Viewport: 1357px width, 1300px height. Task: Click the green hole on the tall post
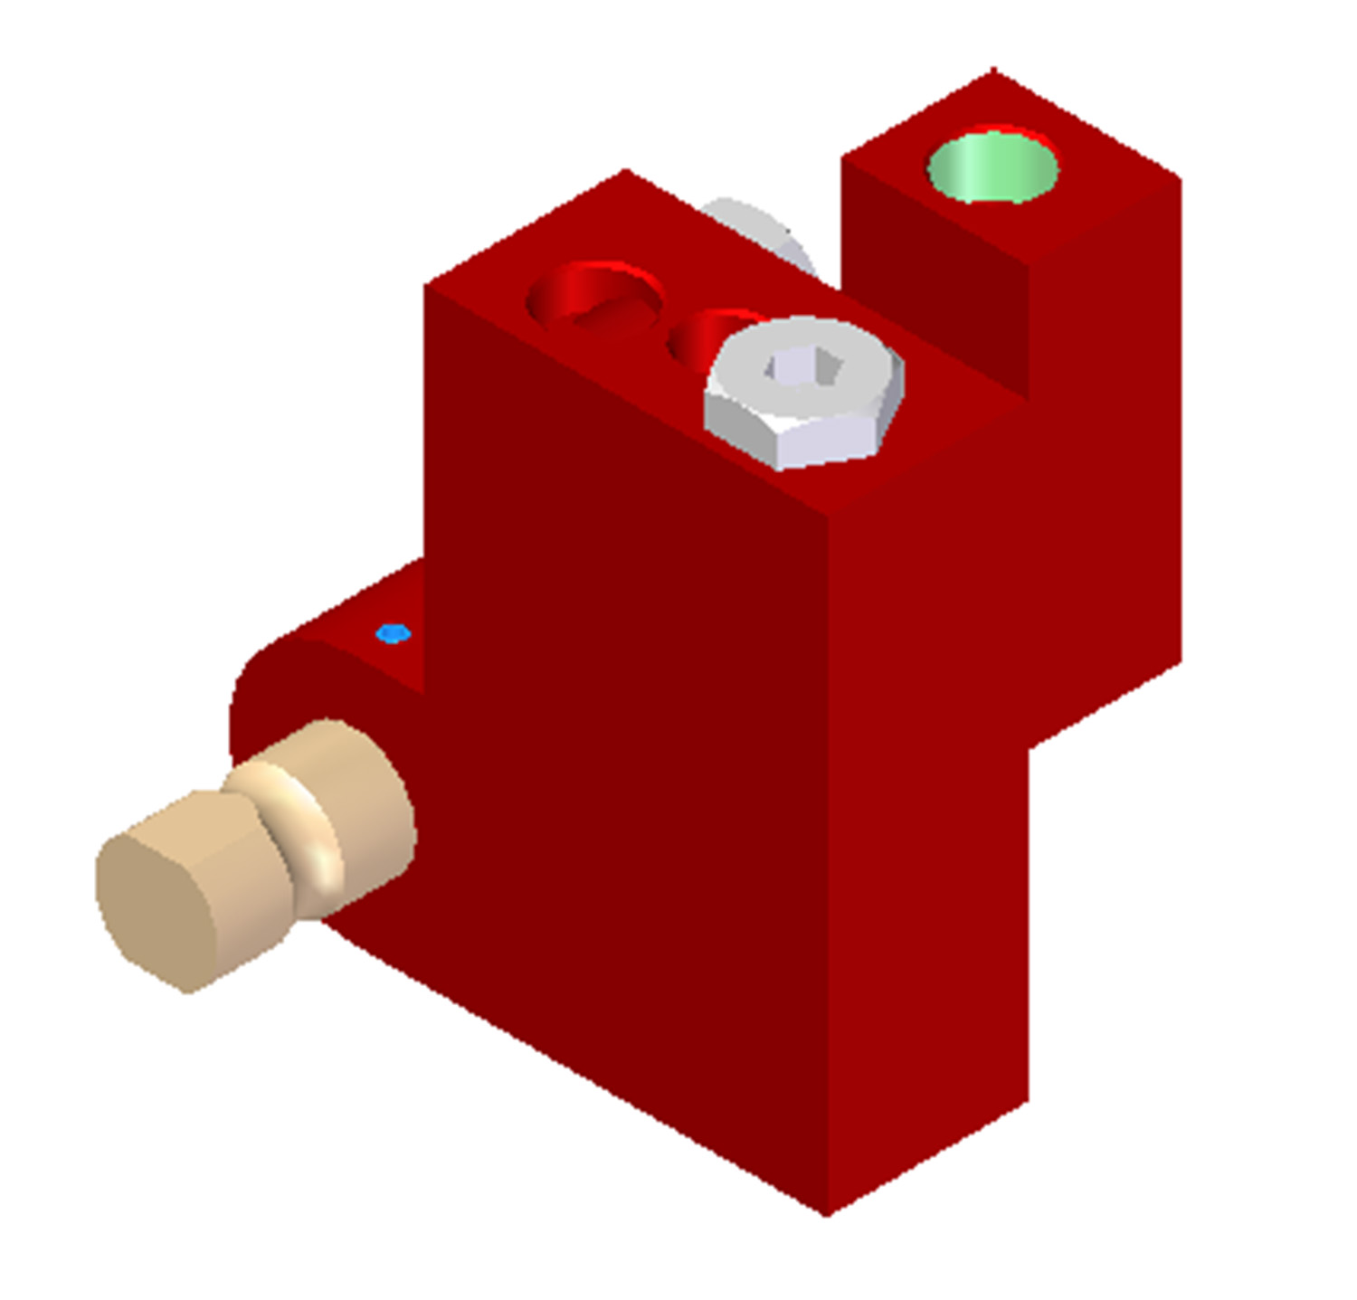pos(992,167)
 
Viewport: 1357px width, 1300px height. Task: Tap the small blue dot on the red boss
pos(393,633)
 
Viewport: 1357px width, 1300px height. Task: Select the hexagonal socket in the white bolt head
pos(804,368)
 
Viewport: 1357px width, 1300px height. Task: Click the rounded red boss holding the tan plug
pos(271,688)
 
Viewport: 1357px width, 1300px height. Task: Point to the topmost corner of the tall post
pos(993,70)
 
